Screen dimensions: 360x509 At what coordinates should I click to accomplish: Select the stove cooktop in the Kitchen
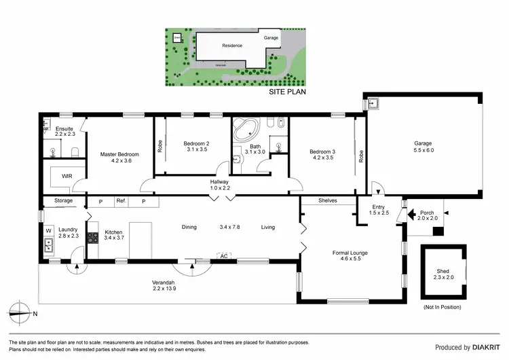(x=93, y=238)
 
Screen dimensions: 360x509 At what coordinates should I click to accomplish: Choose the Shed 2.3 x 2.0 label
(x=442, y=275)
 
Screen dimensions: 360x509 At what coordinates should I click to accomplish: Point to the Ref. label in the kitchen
(x=121, y=201)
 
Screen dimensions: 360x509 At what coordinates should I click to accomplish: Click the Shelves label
(x=328, y=201)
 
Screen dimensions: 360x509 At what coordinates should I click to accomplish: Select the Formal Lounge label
(x=350, y=257)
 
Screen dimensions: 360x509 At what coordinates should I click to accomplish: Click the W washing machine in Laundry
(x=48, y=230)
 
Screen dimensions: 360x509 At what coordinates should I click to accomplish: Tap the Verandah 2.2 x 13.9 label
(x=164, y=285)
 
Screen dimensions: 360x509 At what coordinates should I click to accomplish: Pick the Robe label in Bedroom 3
(x=362, y=156)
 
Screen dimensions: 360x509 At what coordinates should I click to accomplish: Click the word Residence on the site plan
(x=233, y=46)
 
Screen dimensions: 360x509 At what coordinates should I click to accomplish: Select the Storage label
(x=63, y=201)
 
